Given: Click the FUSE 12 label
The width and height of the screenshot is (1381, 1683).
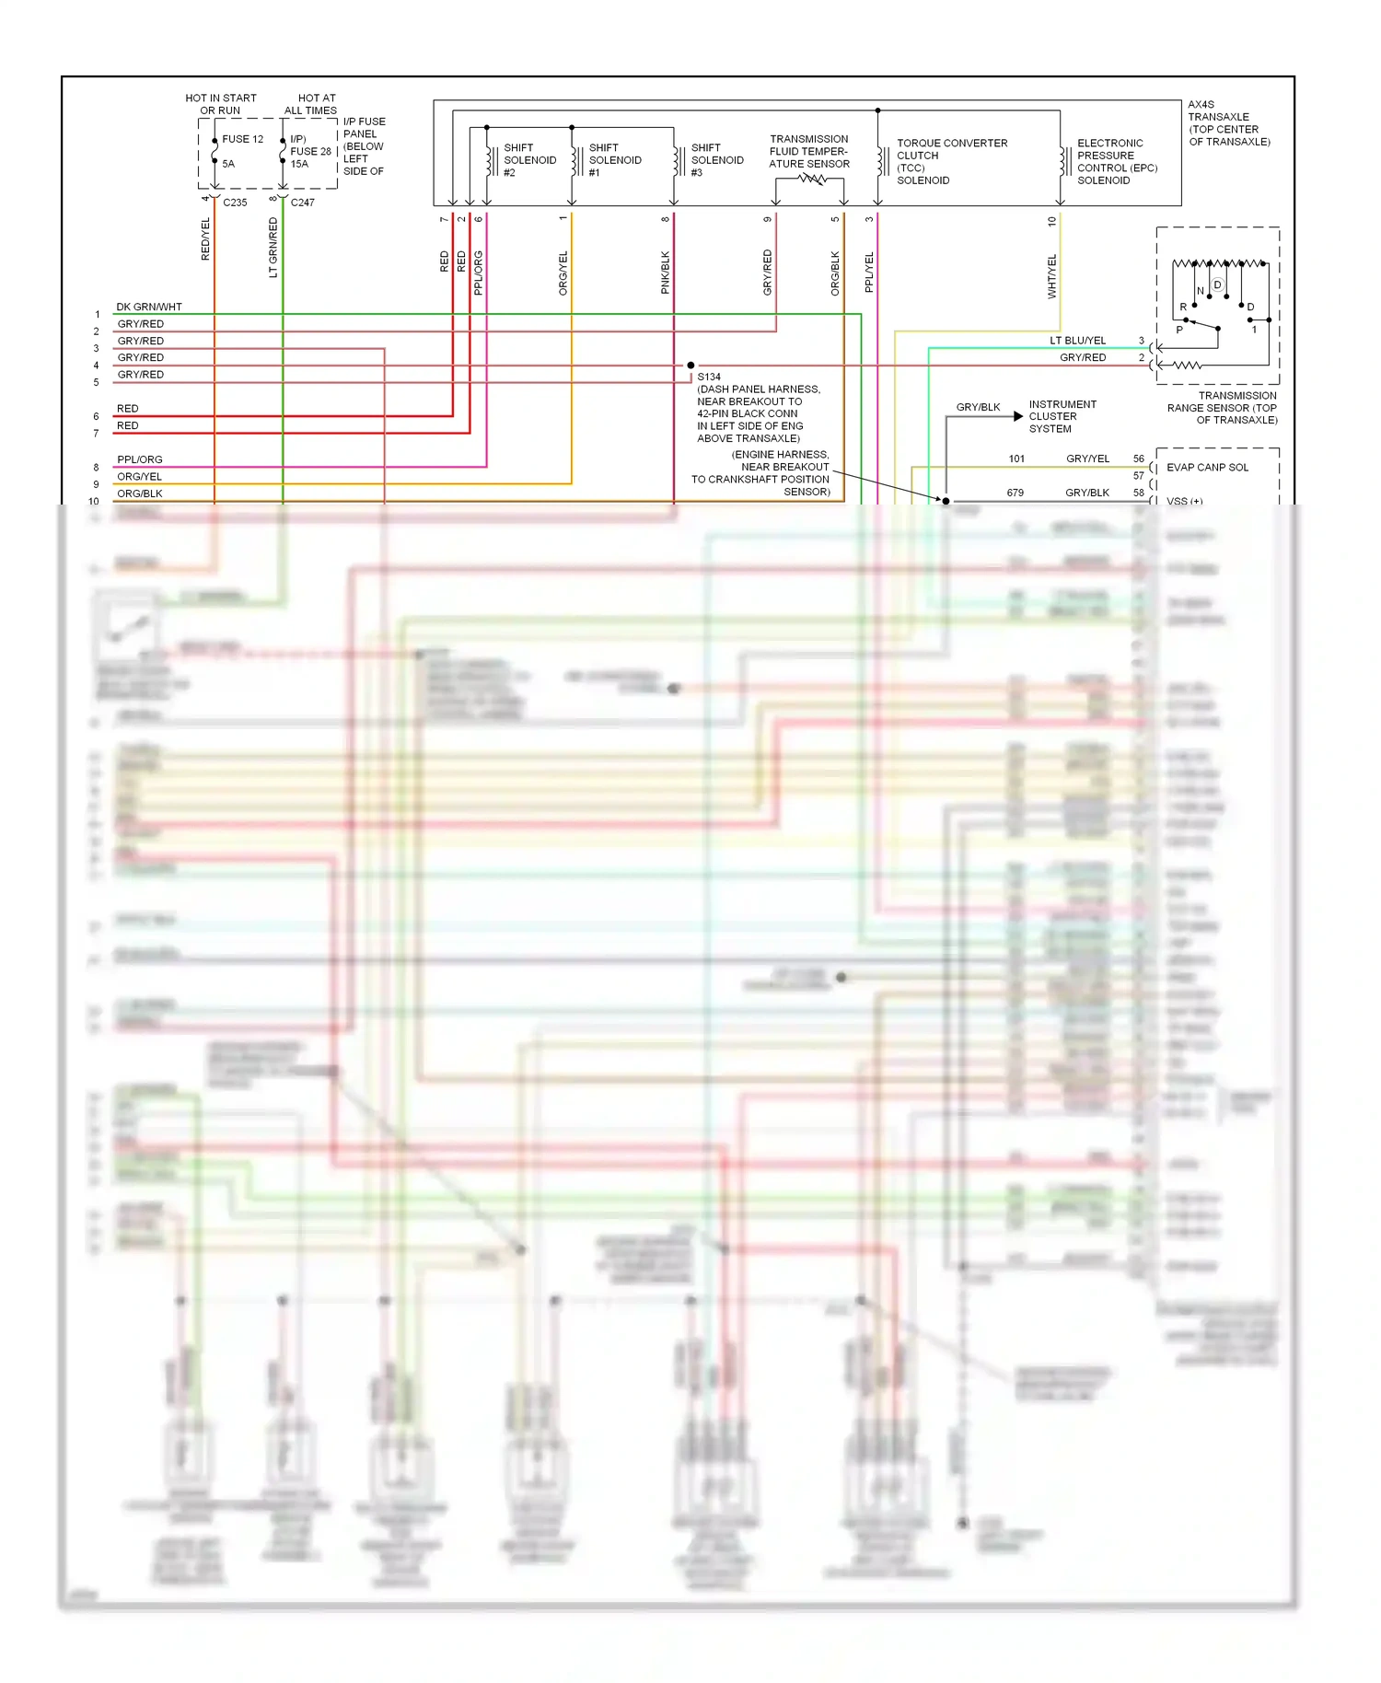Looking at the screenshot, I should coord(242,139).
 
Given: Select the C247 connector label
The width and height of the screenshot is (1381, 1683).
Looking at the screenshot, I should coord(302,203).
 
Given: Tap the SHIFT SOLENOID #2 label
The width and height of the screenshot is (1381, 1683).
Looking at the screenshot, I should coord(529,160).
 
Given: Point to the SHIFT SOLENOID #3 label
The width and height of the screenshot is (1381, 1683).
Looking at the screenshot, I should coord(716,160).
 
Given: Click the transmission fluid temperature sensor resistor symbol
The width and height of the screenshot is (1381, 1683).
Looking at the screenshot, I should coord(811,180).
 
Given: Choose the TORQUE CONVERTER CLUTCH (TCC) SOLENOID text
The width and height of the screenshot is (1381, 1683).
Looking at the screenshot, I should coord(951,162).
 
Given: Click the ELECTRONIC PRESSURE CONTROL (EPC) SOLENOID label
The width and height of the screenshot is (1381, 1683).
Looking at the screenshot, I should coord(1116,162).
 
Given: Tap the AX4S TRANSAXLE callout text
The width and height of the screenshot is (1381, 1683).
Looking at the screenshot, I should coord(1228,123).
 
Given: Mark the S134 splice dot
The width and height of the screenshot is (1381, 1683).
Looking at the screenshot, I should coord(690,366).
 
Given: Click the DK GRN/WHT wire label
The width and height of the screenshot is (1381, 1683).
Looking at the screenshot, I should coord(148,307).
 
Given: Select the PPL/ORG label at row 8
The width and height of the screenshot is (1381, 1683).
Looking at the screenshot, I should coord(139,459).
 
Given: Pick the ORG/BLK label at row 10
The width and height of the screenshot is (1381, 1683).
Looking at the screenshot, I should coord(139,493).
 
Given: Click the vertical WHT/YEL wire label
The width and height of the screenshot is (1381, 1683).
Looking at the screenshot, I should coord(1052,276).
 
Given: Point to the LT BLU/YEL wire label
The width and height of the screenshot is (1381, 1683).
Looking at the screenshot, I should coord(1077,341).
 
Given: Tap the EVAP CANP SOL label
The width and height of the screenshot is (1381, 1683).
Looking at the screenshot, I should coord(1207,468).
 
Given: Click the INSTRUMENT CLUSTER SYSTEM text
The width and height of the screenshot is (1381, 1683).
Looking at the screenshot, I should coord(1062,416).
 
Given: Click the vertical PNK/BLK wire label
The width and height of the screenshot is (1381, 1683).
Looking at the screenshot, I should coord(666,273).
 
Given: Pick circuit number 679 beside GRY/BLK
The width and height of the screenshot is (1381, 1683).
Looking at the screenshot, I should coord(1015,493).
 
